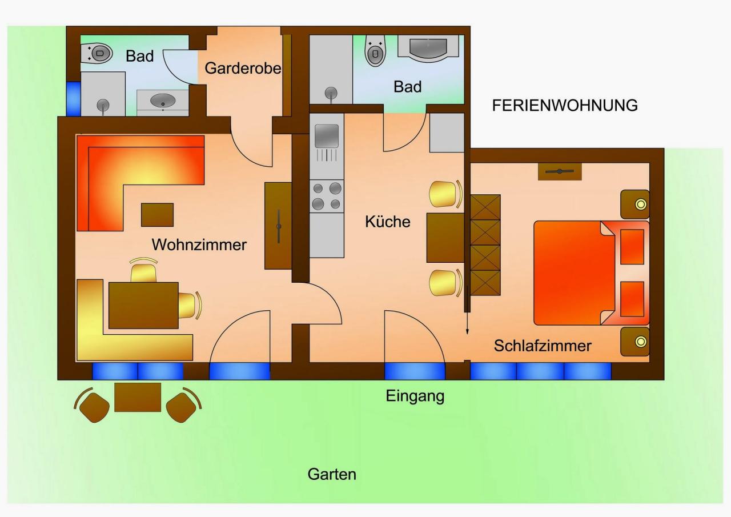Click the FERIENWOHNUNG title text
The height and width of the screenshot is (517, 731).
pyautogui.click(x=565, y=106)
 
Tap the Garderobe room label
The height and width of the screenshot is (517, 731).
pyautogui.click(x=243, y=68)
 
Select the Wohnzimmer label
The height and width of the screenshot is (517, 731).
pyautogui.click(x=199, y=245)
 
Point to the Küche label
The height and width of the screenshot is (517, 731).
pyautogui.click(x=388, y=221)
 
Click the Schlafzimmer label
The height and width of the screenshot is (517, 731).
pyautogui.click(x=543, y=346)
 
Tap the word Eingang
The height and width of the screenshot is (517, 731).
pyautogui.click(x=415, y=396)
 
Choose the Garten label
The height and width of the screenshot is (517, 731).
pyautogui.click(x=332, y=474)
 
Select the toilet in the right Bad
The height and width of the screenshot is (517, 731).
pyautogui.click(x=375, y=51)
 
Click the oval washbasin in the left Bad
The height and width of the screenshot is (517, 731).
pyautogui.click(x=163, y=100)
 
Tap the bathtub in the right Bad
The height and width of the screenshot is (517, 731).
pyautogui.click(x=428, y=49)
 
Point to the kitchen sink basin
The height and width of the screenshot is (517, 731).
pyautogui.click(x=326, y=136)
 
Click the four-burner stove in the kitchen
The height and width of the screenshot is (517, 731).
pyautogui.click(x=327, y=196)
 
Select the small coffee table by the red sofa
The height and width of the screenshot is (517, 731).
pyautogui.click(x=157, y=215)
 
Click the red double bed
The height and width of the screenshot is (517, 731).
pyautogui.click(x=591, y=273)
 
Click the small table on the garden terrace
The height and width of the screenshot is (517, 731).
pyautogui.click(x=138, y=397)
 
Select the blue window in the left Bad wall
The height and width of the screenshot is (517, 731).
pyautogui.click(x=74, y=99)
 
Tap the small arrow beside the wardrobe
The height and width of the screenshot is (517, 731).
pyautogui.click(x=467, y=310)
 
